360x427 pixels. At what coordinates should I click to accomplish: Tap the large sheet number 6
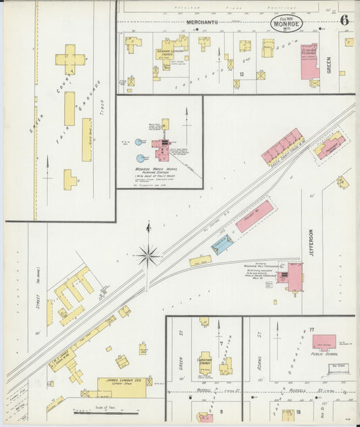pos(344,20)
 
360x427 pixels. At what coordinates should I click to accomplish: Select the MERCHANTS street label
pos(202,22)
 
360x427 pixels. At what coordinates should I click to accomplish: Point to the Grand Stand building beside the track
pos(86,140)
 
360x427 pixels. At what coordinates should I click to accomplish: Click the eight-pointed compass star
pos(147,255)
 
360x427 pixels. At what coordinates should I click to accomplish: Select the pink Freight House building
pos(254,216)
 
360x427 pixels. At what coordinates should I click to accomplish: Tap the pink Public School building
pos(324,341)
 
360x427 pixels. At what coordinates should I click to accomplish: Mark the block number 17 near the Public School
pos(312,329)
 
